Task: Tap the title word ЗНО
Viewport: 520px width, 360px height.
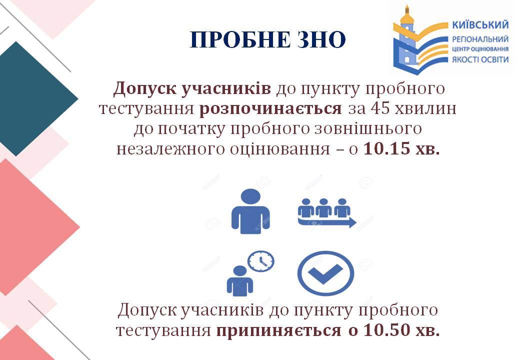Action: coord(321,40)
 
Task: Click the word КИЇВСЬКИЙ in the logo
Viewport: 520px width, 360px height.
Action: coord(480,25)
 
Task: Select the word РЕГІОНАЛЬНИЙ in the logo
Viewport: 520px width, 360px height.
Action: coord(480,39)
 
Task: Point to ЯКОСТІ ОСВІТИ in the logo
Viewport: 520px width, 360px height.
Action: coord(480,59)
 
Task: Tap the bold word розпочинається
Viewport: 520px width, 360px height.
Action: coord(270,108)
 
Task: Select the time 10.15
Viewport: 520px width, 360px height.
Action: coord(387,149)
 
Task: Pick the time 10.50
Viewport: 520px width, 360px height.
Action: coord(387,330)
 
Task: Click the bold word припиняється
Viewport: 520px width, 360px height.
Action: coord(278,331)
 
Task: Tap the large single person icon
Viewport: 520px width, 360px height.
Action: coord(250,211)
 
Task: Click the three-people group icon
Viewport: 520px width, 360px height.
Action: coord(323,207)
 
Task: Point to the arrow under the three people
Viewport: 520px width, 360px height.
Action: coord(327,222)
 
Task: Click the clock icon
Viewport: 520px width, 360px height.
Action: coord(261,261)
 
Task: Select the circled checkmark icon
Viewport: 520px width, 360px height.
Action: coord(325,273)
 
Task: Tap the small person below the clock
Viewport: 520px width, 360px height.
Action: coord(240,281)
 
